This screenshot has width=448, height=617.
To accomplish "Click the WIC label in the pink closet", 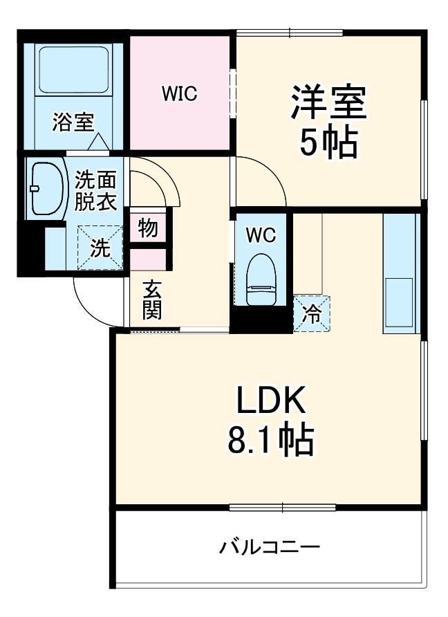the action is [x=179, y=93].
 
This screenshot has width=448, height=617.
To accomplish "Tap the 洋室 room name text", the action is [x=328, y=102].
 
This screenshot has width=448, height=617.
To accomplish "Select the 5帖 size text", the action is [x=329, y=142].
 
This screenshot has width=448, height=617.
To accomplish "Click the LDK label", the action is [x=271, y=399].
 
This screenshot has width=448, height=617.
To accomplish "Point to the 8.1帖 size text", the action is [x=271, y=439].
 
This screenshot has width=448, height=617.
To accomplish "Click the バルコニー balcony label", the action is [x=269, y=547].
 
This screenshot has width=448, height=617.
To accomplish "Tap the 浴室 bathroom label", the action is [x=73, y=122].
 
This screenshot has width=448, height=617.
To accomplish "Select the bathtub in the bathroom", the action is [x=73, y=70].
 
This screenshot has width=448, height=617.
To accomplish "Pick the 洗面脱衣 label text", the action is [x=95, y=191].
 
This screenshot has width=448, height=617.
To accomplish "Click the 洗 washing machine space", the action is [x=100, y=248].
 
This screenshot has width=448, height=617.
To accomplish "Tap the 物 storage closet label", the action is [x=148, y=228].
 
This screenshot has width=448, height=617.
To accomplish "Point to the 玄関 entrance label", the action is [x=152, y=300].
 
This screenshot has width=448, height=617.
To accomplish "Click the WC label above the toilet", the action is [x=261, y=235].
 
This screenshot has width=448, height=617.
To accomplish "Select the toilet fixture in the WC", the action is [x=261, y=279].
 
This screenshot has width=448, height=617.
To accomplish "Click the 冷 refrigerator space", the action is [x=312, y=313].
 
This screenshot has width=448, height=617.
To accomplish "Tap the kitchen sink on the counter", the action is [x=399, y=302].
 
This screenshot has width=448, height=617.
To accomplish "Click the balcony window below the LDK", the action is [x=282, y=508].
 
